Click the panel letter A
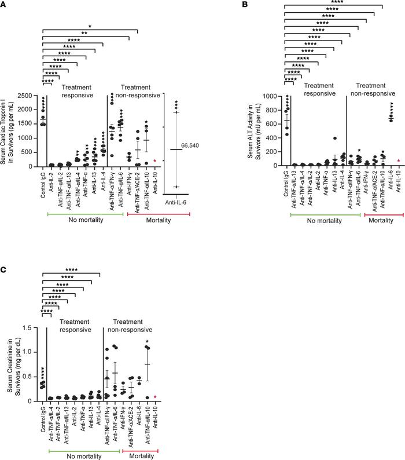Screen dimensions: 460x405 [4, 4]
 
